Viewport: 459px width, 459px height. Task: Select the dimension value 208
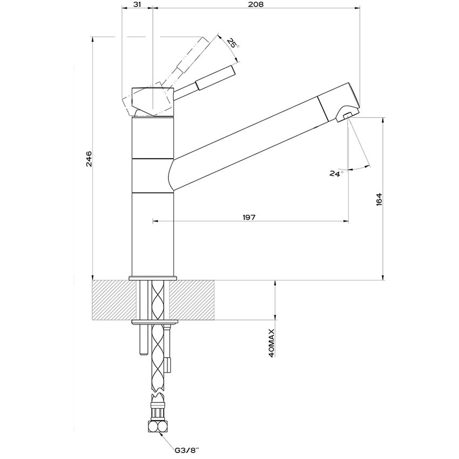click(257, 5)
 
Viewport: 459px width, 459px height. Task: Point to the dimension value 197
click(249, 217)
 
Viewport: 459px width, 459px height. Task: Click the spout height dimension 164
click(379, 199)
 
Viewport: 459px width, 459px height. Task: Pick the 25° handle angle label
click(233, 43)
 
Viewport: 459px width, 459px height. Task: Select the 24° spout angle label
click(336, 173)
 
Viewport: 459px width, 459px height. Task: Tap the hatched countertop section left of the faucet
click(112, 300)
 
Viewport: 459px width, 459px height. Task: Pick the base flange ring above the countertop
click(153, 278)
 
